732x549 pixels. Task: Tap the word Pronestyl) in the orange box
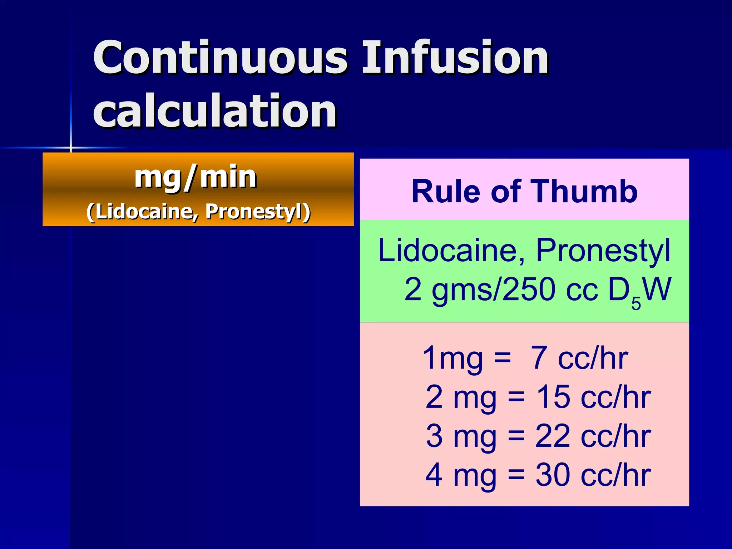click(257, 212)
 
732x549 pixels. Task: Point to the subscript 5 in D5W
click(636, 303)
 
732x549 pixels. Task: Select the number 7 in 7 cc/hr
click(539, 358)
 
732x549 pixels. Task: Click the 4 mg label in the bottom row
click(461, 475)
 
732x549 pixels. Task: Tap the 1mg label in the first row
click(452, 358)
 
